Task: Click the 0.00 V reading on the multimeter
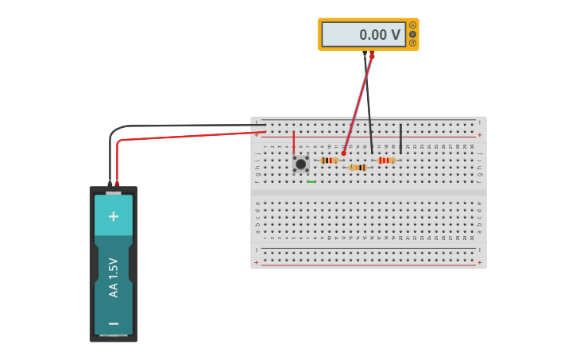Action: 380,35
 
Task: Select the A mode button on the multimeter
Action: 412,25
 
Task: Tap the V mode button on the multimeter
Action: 412,34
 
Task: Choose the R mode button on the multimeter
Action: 412,43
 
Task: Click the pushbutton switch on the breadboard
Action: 300,164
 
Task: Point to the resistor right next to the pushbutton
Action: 329,161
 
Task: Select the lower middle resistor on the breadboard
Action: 358,168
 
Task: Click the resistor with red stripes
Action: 386,161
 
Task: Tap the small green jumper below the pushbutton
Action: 311,182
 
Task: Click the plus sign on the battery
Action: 114,216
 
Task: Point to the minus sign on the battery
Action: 114,323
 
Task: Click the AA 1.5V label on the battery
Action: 114,277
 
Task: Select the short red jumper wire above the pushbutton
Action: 294,142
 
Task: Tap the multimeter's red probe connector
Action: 372,55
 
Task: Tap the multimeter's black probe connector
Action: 365,55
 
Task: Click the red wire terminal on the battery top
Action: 118,184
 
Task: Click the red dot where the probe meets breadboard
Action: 343,153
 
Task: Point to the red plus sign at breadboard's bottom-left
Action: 256,263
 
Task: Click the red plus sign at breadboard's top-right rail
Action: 479,135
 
